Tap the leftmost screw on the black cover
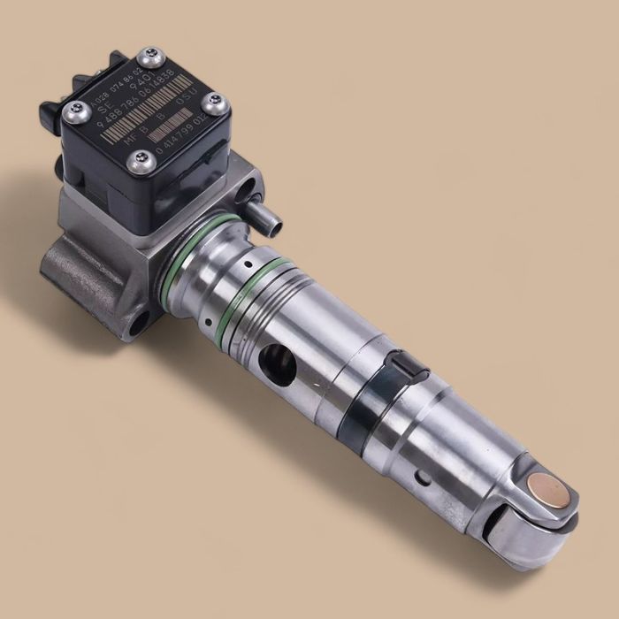click(74, 111)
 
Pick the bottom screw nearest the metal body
click(138, 162)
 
